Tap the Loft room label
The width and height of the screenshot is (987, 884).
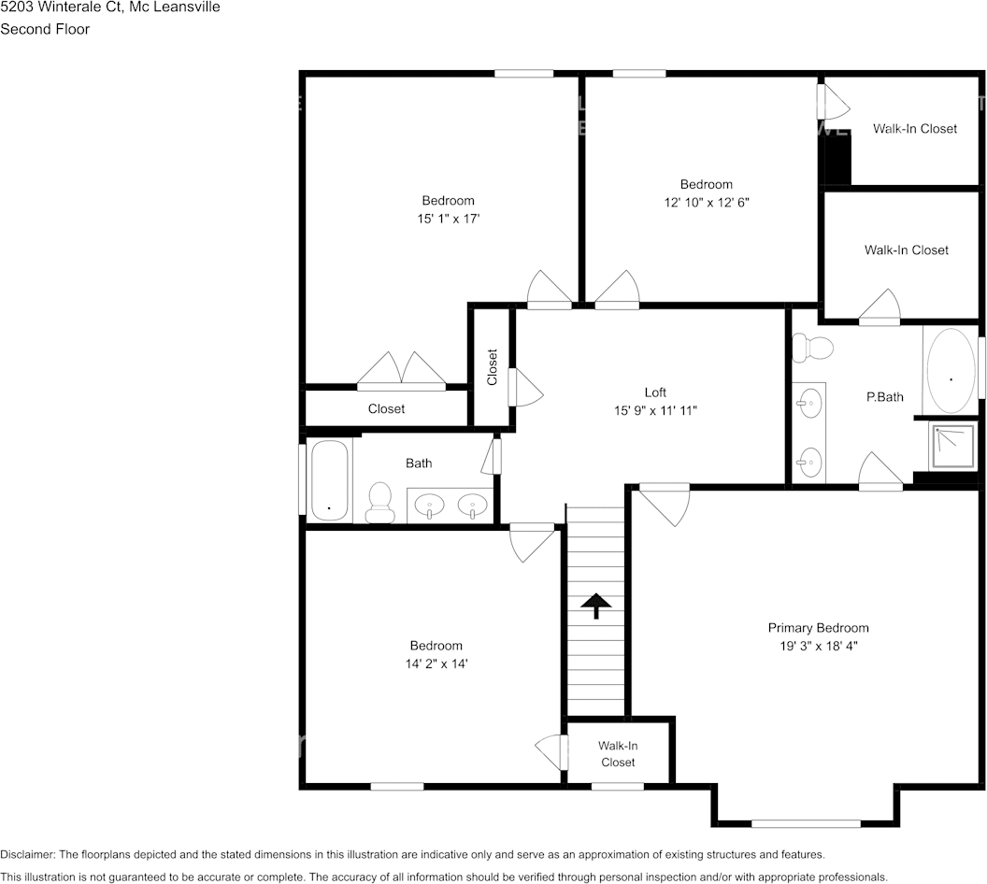[x=655, y=392]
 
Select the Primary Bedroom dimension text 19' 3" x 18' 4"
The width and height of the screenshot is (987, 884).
[x=819, y=646]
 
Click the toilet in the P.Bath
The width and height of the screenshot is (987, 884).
[x=812, y=348]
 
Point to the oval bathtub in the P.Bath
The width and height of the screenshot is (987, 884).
[x=951, y=371]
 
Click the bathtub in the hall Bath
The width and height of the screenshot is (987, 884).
[x=329, y=479]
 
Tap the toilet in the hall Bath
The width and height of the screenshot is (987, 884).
[x=380, y=502]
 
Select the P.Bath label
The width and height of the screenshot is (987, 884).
[x=884, y=397]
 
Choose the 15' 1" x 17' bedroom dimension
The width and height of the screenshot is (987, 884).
[x=448, y=218]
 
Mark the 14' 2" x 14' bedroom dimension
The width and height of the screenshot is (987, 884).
[x=436, y=663]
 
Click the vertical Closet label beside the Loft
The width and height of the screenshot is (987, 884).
[x=493, y=367]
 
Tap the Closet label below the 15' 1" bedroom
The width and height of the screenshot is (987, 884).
[x=386, y=409]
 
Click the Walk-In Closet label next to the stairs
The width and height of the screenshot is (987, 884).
[x=618, y=754]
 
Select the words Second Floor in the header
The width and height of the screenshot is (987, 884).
[x=45, y=29]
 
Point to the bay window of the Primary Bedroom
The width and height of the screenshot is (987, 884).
[x=806, y=823]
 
